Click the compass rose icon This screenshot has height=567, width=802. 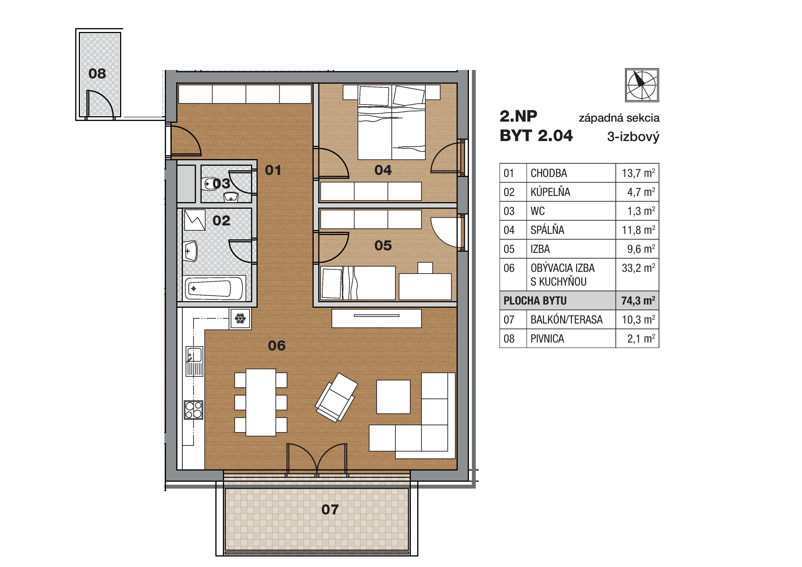click(x=642, y=85)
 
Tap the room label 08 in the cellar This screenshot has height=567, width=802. click(x=97, y=74)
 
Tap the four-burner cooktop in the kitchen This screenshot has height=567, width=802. click(x=193, y=410)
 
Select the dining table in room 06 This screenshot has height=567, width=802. click(x=261, y=402)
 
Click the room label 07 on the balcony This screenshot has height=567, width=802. click(x=330, y=510)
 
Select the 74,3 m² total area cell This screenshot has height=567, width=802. click(x=637, y=300)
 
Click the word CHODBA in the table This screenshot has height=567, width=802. click(x=548, y=173)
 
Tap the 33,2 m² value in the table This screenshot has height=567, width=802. click(x=638, y=268)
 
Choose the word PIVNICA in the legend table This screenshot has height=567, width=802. click(x=547, y=339)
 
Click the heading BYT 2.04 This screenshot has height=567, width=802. click(x=536, y=136)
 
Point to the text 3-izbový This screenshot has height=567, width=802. click(x=633, y=136)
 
